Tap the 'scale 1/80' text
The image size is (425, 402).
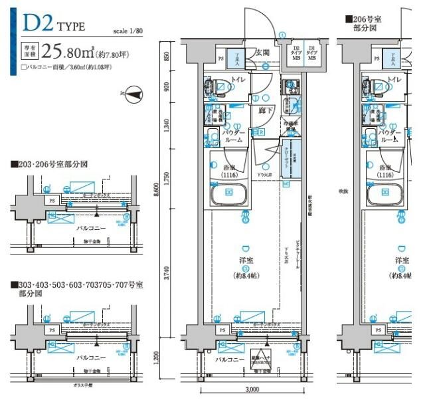pyautogui.click(x=128, y=31)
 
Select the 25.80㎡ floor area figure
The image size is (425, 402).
pyautogui.click(x=68, y=50)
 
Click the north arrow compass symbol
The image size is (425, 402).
pyautogui.click(x=133, y=95)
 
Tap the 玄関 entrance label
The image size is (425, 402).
pyautogui.click(x=261, y=53)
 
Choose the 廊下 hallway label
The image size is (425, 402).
pyautogui.click(x=266, y=110)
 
